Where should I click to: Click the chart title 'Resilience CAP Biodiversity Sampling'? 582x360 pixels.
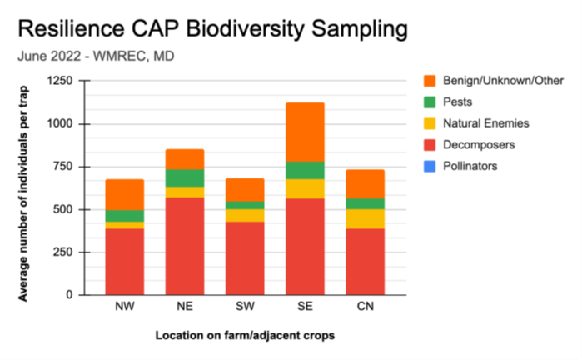(212, 29)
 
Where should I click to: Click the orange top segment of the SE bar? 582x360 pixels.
(304, 132)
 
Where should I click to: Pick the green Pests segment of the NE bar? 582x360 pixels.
(185, 177)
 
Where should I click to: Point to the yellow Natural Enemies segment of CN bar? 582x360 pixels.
(364, 218)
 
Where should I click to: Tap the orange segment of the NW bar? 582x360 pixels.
(125, 194)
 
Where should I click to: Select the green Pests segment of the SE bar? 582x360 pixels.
(304, 170)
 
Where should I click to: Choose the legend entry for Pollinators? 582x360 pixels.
(460, 166)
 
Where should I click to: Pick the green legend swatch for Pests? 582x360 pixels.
(429, 102)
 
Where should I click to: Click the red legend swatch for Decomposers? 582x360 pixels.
(429, 145)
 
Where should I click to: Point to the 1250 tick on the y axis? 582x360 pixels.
(58, 81)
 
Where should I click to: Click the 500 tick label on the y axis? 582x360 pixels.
(62, 209)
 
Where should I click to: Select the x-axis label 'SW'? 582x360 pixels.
(245, 307)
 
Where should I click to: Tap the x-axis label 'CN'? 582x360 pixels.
(364, 307)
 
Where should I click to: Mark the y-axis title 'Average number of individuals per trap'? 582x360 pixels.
(24, 187)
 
